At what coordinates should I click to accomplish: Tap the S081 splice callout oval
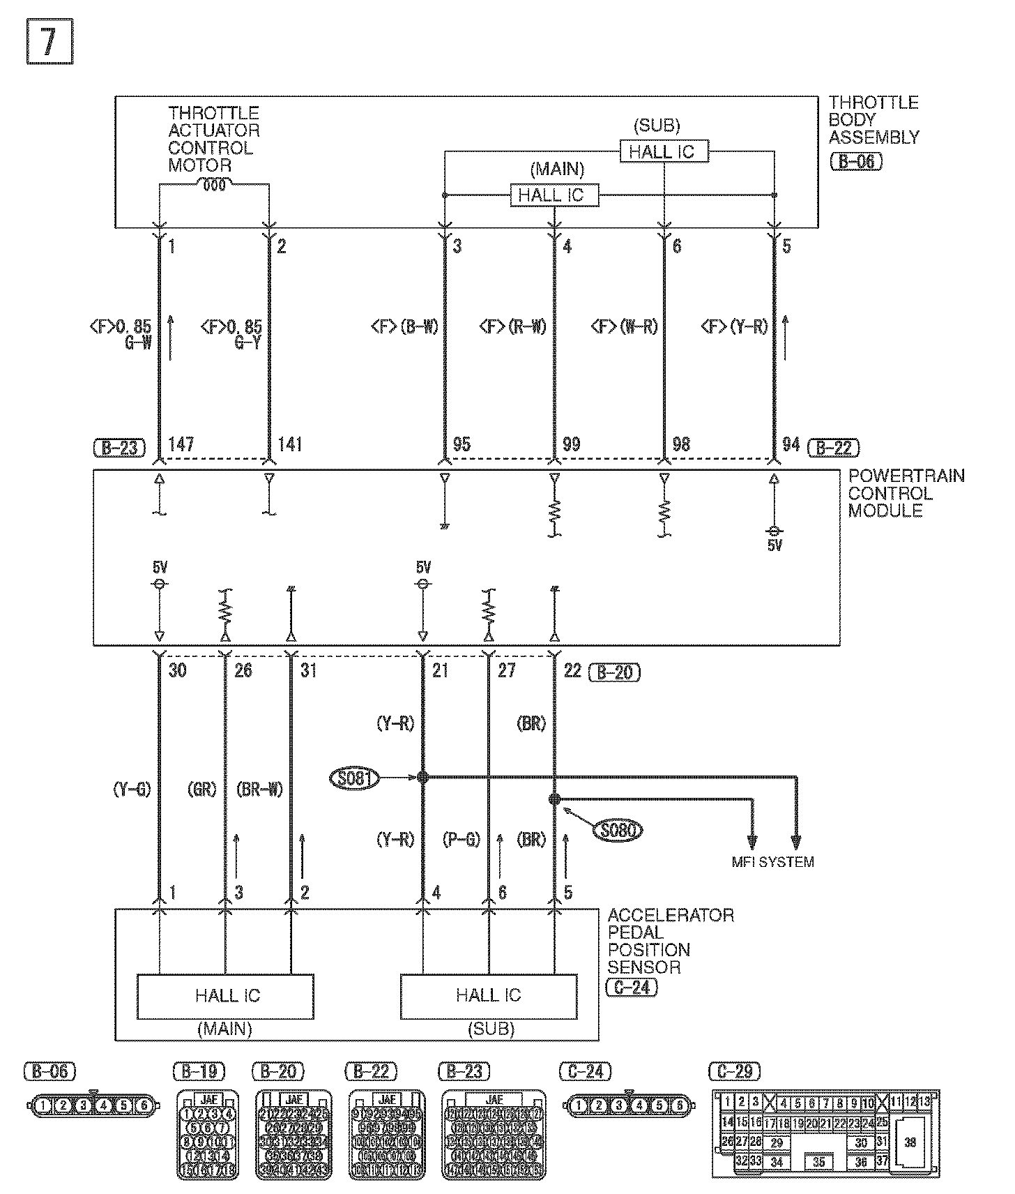click(356, 778)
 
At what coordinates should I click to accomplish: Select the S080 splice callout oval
click(618, 830)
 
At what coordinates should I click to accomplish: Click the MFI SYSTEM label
click(772, 862)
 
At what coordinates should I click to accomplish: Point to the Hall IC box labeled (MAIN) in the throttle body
click(554, 195)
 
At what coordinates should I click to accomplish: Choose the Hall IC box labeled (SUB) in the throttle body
click(664, 151)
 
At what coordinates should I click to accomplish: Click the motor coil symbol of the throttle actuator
click(214, 185)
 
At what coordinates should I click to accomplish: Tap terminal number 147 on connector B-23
click(181, 445)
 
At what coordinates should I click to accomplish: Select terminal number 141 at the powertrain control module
click(290, 445)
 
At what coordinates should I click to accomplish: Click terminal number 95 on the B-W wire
click(461, 445)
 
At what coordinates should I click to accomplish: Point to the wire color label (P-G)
click(461, 840)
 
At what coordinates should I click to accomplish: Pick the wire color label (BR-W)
click(259, 789)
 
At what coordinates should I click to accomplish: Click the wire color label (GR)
click(202, 789)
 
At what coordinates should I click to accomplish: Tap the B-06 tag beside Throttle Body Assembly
click(856, 162)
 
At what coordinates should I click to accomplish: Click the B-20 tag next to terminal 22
click(614, 672)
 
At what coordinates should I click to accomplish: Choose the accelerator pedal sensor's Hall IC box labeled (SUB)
click(488, 996)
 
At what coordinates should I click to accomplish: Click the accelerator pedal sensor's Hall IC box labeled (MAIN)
click(224, 996)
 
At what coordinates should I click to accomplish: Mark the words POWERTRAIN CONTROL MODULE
click(905, 493)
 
